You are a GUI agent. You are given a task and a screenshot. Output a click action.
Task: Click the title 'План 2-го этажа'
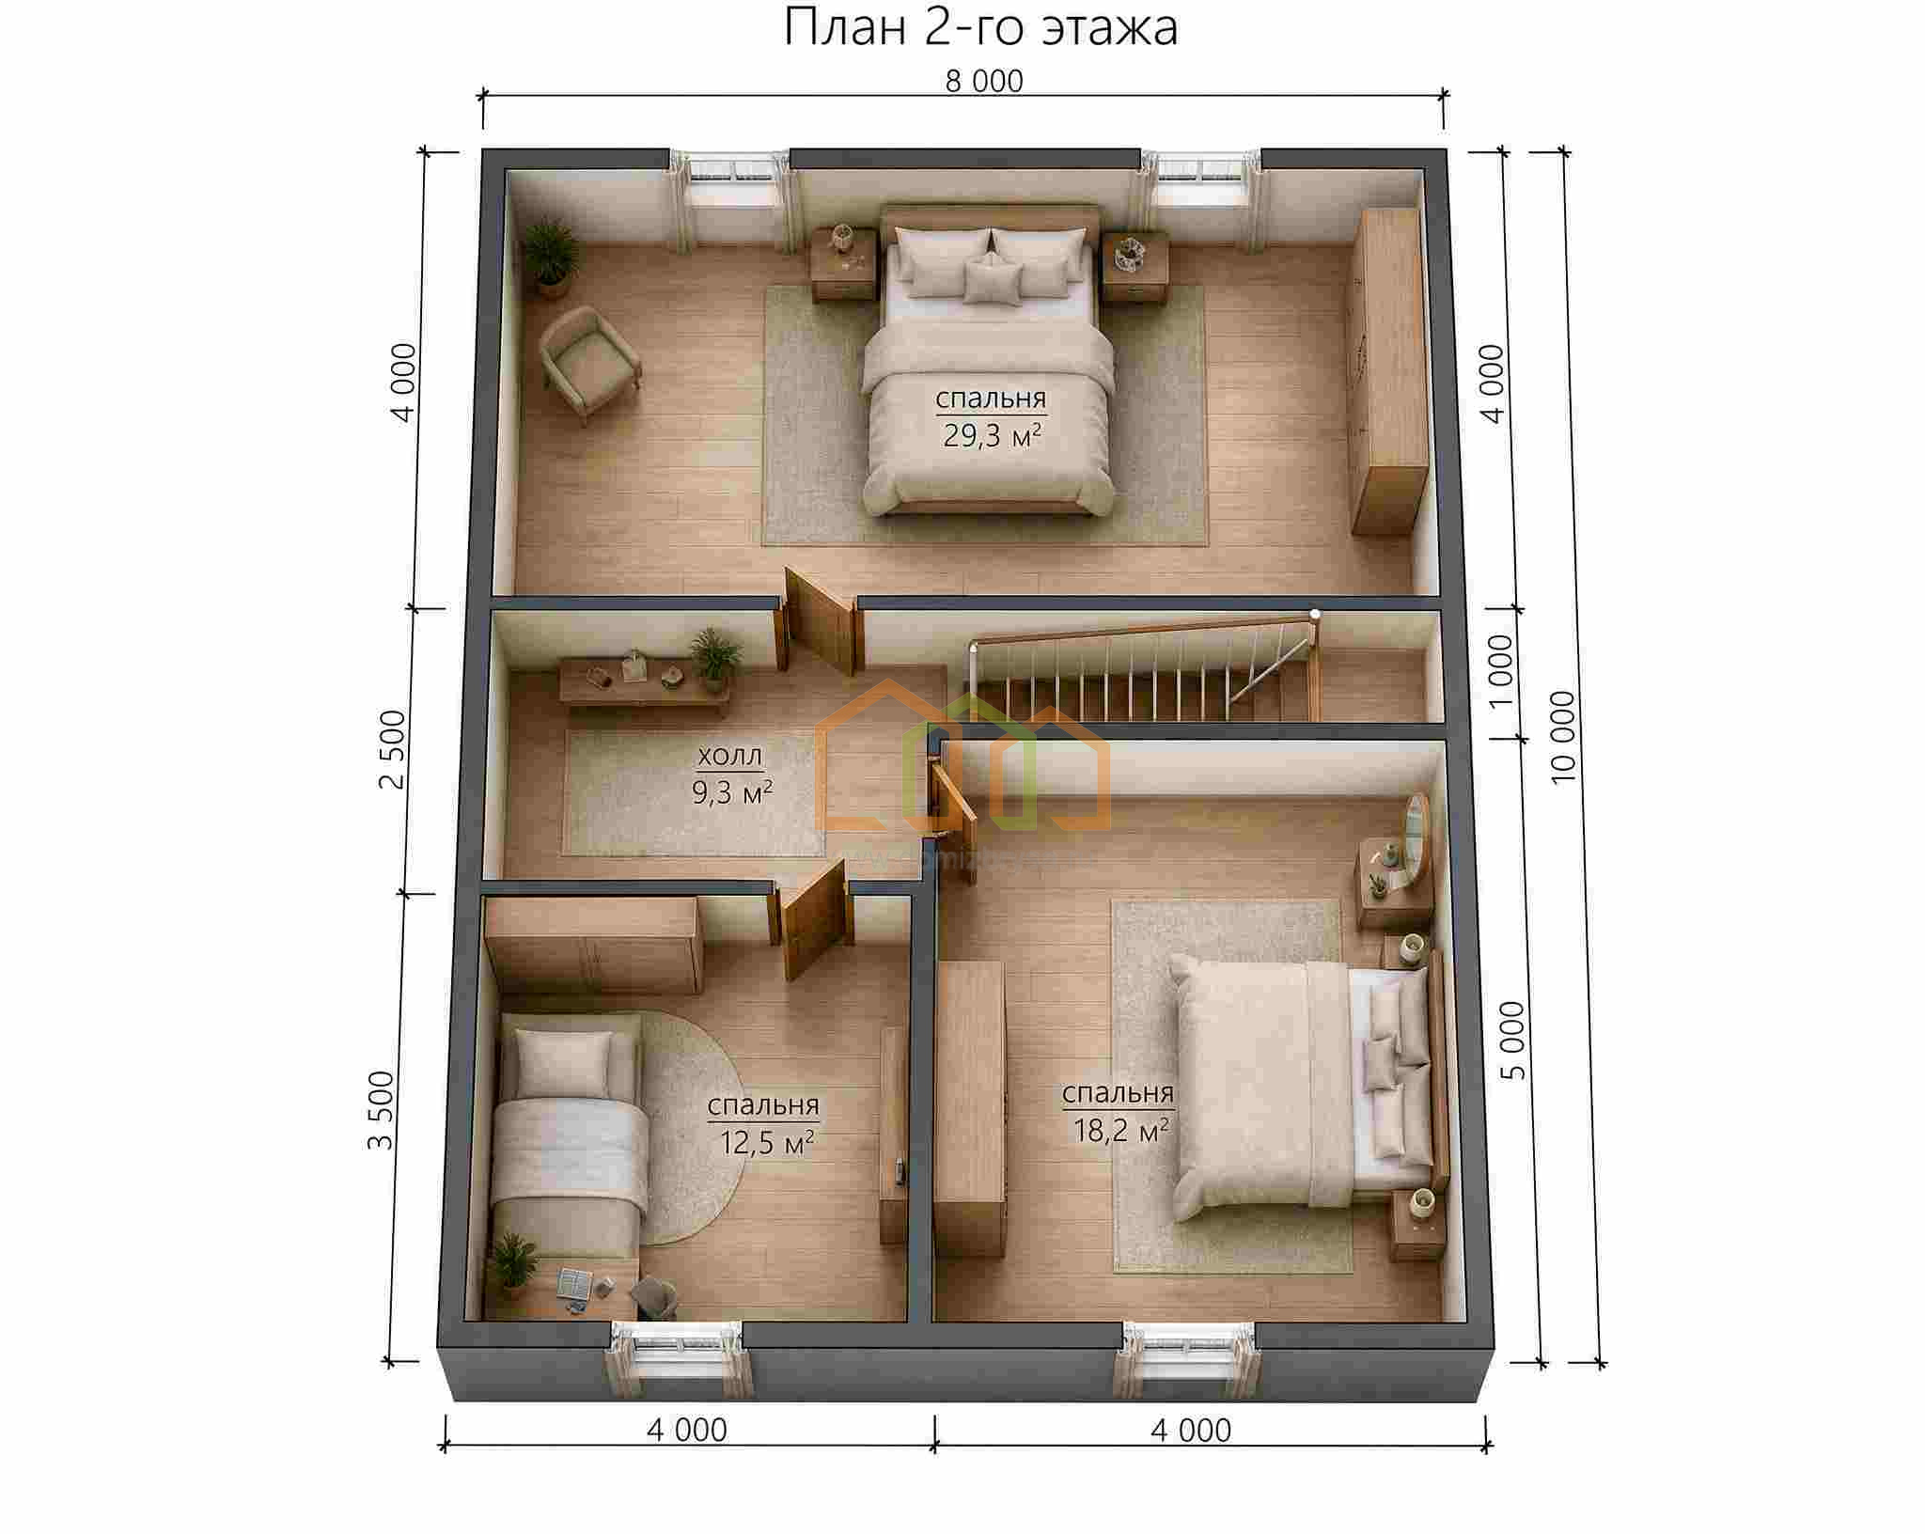[980, 28]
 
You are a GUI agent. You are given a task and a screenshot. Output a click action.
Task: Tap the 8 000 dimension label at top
[984, 83]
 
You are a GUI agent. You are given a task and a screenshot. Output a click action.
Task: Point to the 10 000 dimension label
[1561, 738]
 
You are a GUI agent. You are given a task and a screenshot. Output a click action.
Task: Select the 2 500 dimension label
[392, 749]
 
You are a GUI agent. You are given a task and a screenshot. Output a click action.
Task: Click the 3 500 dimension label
[381, 1110]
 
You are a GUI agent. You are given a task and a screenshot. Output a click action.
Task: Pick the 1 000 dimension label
[1500, 672]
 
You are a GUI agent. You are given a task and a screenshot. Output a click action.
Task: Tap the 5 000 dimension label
[1512, 1041]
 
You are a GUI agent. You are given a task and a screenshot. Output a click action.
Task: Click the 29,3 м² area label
[993, 436]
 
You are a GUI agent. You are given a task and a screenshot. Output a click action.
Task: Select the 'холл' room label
[729, 755]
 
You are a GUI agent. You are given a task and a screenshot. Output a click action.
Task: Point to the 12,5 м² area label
[767, 1143]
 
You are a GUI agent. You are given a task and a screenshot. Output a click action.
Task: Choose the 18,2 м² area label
[1121, 1130]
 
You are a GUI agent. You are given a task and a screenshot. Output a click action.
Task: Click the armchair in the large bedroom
[589, 364]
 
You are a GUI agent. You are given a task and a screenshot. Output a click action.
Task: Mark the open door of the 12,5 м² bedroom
[816, 920]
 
